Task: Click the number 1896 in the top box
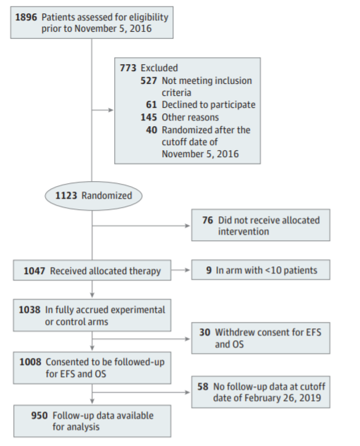26,18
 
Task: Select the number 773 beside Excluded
128,68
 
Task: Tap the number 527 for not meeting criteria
149,81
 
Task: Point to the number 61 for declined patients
151,105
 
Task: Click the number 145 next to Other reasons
149,117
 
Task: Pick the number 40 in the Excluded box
151,130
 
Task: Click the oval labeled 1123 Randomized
94,196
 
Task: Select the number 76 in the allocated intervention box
208,220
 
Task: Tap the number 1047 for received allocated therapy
35,271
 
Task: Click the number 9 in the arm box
209,271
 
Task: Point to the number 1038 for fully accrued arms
30,310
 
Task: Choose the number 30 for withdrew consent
205,333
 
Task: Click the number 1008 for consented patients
30,362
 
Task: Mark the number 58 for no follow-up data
203,387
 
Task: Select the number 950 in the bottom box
39,416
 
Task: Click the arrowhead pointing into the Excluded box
111,110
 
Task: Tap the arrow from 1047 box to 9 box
180,270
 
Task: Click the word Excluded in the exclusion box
159,68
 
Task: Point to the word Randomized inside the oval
106,196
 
